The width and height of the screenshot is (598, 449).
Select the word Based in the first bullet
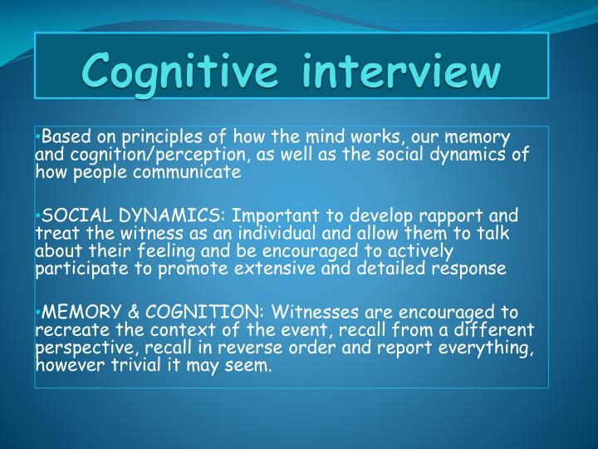click(59, 137)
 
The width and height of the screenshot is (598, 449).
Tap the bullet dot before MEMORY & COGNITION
click(38, 313)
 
